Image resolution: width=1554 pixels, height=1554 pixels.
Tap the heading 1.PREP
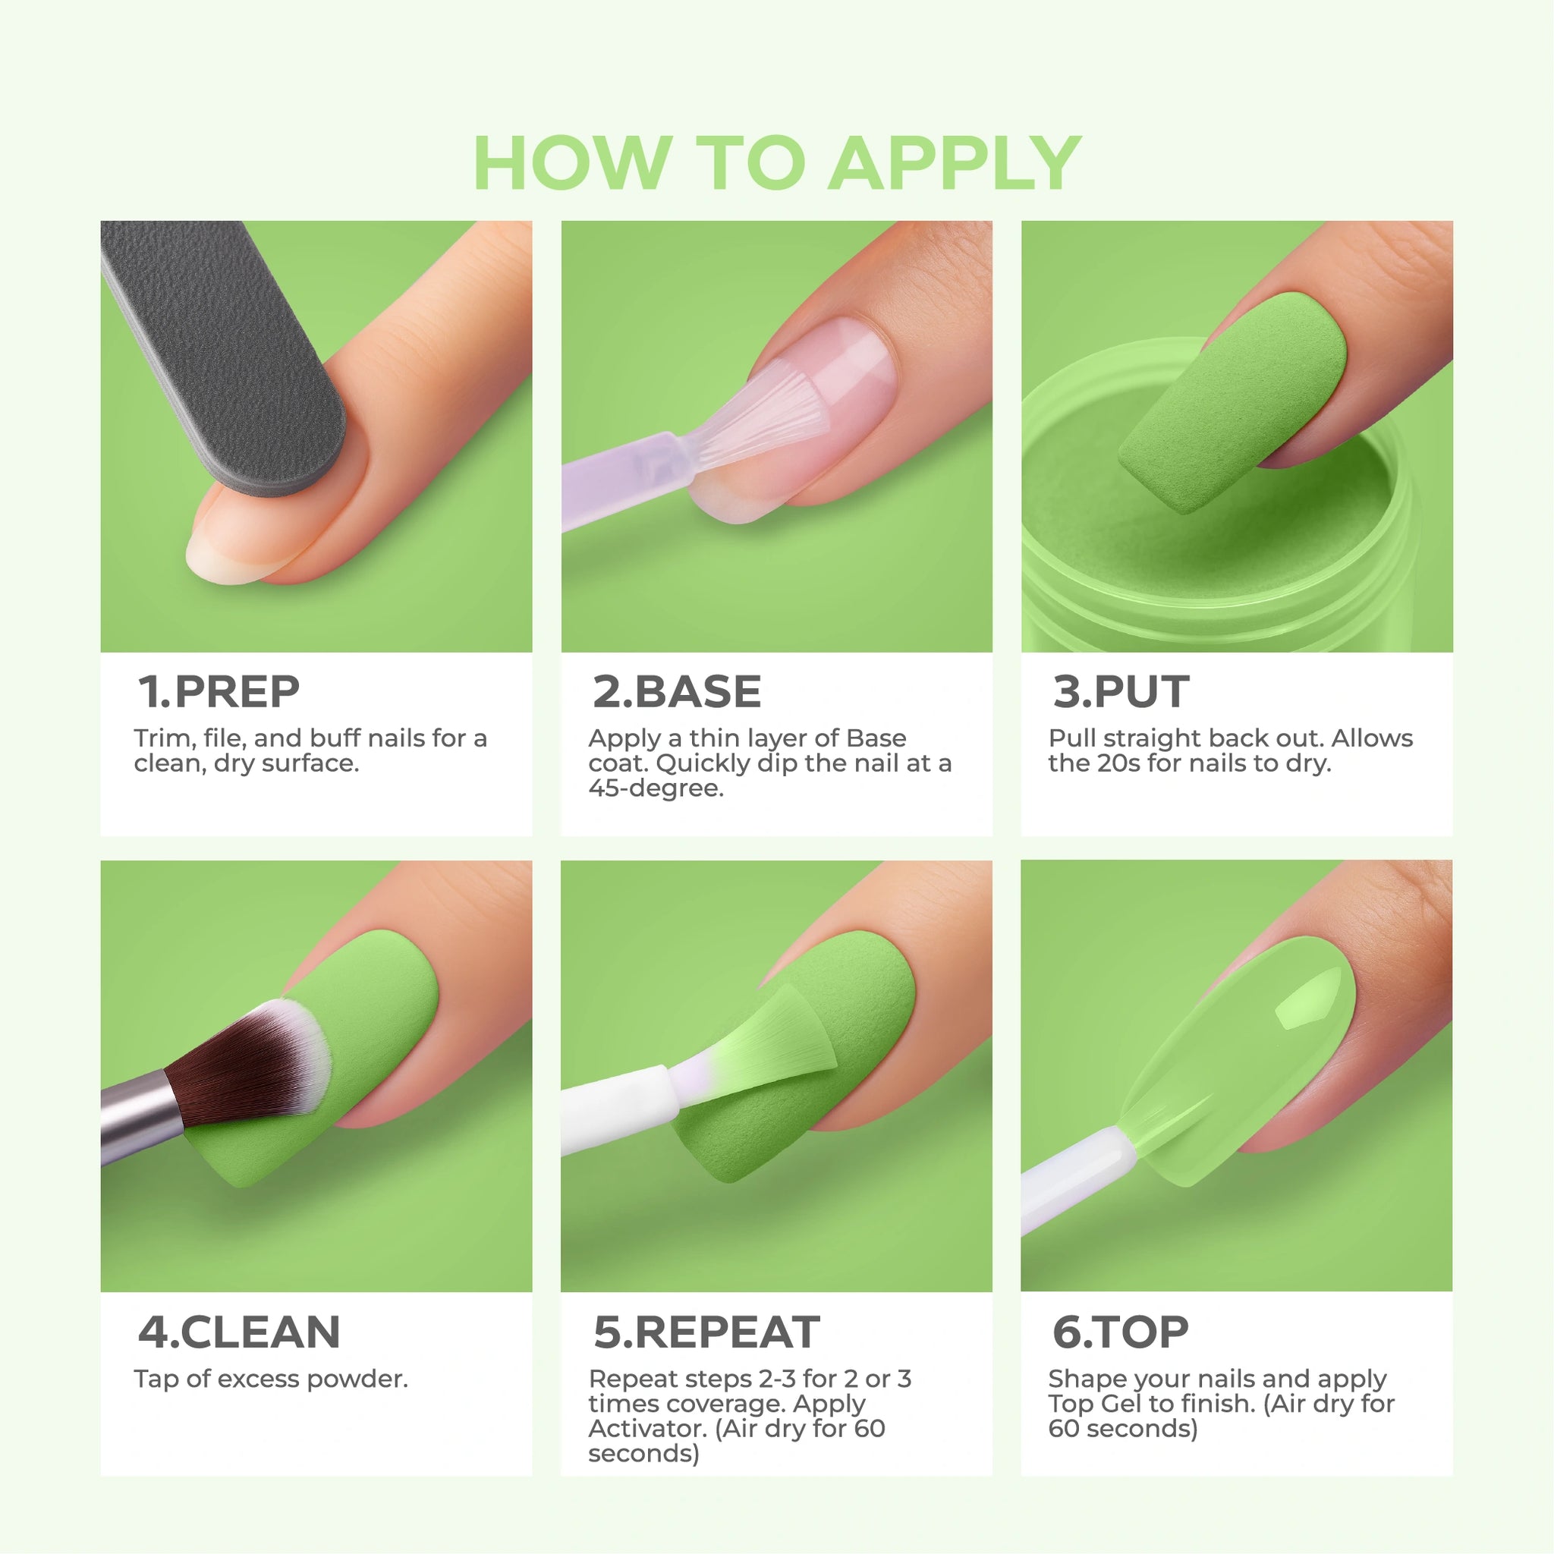pos(219,692)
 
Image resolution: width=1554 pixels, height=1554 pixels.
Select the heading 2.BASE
pos(676,692)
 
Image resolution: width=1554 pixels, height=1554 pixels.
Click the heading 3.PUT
pos(1121,692)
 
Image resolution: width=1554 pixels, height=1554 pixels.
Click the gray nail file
pos(225,354)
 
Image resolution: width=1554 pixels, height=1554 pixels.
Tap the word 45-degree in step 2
pos(656,788)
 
